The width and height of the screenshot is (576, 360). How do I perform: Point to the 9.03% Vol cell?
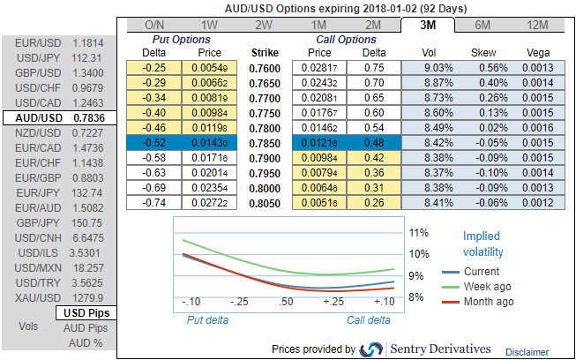coord(431,68)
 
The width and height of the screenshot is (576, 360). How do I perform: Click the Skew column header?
coord(484,53)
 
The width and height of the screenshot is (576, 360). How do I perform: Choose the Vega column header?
coord(538,53)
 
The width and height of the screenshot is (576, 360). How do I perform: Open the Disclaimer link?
coord(527,350)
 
